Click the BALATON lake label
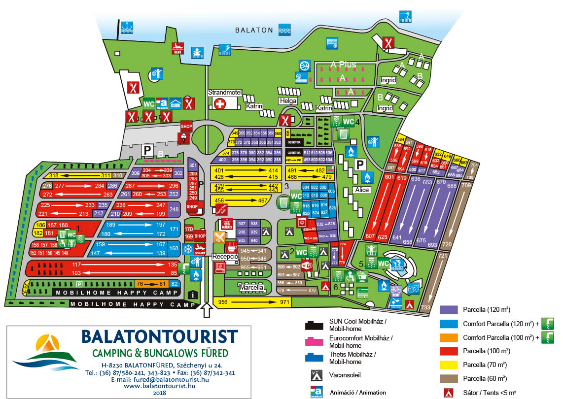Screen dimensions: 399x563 click(254, 30)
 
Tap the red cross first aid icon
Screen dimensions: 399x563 click(219, 103)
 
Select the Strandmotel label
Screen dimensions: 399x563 click(224, 92)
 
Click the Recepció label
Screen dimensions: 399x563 click(225, 257)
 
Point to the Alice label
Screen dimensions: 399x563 click(362, 190)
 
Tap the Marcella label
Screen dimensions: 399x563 click(251, 287)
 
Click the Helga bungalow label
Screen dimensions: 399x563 click(289, 101)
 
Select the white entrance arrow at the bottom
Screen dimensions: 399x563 click(207, 310)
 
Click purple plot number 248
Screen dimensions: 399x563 click(174, 209)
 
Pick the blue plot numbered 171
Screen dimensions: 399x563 click(174, 229)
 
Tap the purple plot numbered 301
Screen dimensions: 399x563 click(193, 166)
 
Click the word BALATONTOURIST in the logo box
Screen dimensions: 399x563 click(159, 336)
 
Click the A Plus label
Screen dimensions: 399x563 click(343, 65)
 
